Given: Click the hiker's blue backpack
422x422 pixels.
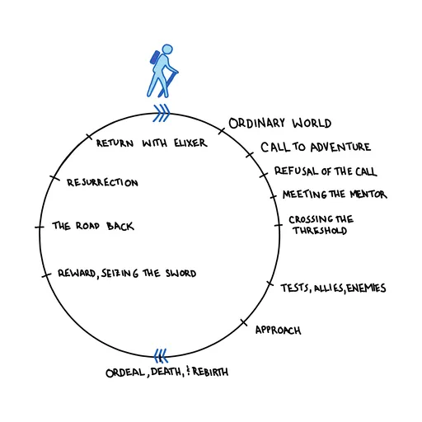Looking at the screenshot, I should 153,60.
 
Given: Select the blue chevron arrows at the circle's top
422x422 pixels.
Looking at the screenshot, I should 162,112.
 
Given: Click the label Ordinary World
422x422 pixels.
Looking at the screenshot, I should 280,124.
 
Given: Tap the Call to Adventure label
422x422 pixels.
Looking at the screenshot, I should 316,148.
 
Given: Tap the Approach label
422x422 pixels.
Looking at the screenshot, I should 278,331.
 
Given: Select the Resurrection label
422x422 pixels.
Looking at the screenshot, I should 102,182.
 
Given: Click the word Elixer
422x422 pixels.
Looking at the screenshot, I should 186,143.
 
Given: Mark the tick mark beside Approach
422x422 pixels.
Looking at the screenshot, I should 243,322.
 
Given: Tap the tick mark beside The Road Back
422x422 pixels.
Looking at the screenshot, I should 38,227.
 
